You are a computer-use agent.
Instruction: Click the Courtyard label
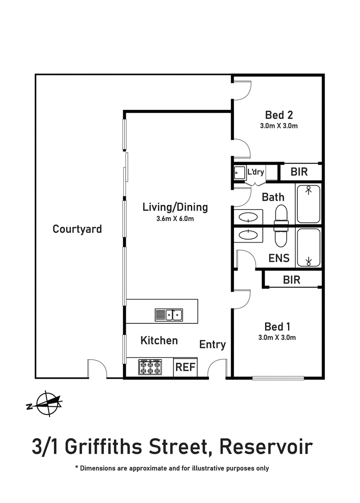coord(77,229)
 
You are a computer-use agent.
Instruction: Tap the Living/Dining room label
coord(175,208)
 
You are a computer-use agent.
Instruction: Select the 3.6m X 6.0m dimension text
coord(175,219)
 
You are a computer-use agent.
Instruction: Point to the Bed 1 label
coord(277,326)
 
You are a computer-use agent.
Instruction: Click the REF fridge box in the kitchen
coord(185,367)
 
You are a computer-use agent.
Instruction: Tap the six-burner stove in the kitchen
coord(151,367)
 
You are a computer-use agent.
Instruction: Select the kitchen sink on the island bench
coord(168,314)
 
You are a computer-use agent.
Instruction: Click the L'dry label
coord(255,172)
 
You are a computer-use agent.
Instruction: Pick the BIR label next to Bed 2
coord(299,172)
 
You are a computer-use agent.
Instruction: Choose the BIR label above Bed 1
coord(292,280)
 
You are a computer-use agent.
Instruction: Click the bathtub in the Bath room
coord(308,204)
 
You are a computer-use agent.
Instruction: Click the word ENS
coord(279,258)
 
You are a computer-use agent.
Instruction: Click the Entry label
coord(212,344)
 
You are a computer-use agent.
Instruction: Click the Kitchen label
coord(159,340)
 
